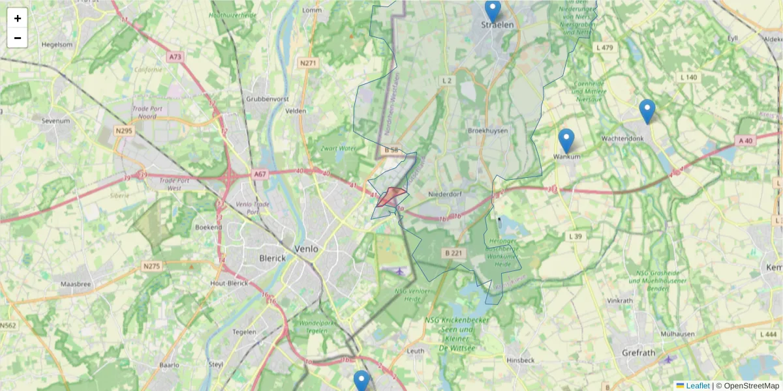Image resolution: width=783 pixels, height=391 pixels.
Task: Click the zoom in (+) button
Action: pos(18,18)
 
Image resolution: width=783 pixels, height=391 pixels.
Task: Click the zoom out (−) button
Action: pos(18,38)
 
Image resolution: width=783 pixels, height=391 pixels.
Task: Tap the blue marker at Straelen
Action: pos(493,11)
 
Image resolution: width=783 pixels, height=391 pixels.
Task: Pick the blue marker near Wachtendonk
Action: pos(647,111)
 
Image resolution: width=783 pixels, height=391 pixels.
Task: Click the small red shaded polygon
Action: pos(390,196)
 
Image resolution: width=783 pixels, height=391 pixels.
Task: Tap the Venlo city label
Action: pos(307,249)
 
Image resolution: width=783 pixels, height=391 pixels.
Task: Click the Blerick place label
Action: pos(272,258)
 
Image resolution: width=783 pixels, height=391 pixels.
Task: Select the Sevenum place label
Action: pos(55,121)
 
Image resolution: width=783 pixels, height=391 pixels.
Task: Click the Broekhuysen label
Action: pos(487,130)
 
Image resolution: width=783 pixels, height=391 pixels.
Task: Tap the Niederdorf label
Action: pos(445,195)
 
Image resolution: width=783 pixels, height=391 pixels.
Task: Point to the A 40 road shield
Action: pos(746,140)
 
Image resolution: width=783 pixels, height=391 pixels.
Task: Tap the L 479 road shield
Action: pos(605,48)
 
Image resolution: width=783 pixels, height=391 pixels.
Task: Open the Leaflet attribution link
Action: pos(698,386)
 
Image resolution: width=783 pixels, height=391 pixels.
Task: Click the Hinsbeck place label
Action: pos(520,360)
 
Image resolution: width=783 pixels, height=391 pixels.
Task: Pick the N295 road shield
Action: pos(123,131)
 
